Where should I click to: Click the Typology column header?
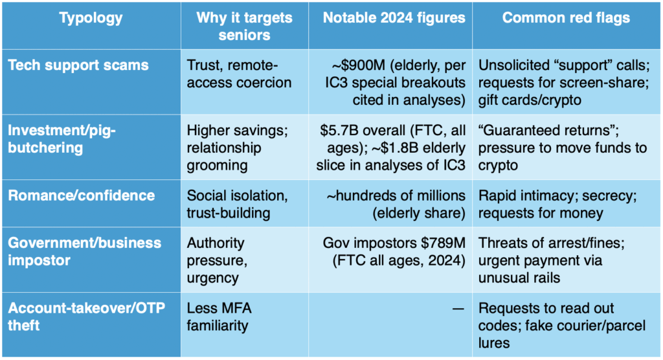coord(91,18)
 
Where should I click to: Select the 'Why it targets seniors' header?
coord(244,27)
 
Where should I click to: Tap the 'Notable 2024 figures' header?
coord(394,18)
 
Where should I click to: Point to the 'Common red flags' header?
coord(566,18)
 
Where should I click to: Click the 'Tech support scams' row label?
coord(78,65)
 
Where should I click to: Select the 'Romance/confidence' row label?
coord(82,196)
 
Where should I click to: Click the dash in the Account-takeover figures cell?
coord(458,309)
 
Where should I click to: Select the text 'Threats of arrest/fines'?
coord(548,244)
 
